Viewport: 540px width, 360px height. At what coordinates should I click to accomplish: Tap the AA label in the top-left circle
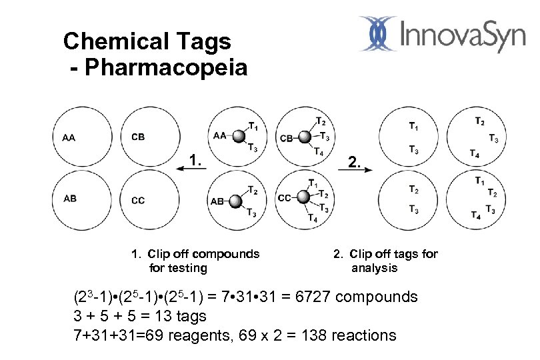[69, 138]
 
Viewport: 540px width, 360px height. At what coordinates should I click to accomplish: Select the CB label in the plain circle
[138, 137]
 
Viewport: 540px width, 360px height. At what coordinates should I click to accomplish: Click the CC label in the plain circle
[138, 200]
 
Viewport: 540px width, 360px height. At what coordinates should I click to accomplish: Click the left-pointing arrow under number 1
[189, 171]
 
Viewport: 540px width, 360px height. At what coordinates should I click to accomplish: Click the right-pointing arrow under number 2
[361, 171]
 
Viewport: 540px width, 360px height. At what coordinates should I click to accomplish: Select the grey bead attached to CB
[304, 137]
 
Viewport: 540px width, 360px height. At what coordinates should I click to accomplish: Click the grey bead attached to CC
[302, 197]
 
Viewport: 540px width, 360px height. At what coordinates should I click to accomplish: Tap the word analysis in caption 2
[374, 268]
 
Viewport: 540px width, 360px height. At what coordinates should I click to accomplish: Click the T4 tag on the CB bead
[319, 153]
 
